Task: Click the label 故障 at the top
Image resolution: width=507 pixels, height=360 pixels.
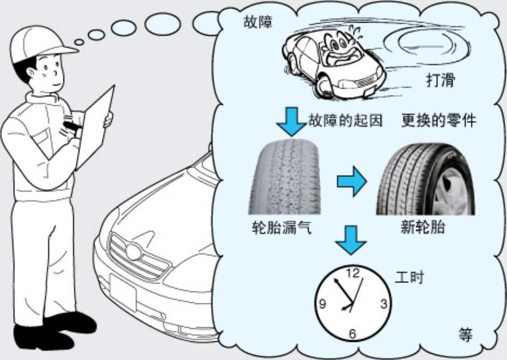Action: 258,23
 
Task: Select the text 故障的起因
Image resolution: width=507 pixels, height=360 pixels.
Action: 345,120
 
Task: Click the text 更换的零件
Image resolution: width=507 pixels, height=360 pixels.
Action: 438,120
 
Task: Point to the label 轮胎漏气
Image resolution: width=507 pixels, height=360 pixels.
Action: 281,227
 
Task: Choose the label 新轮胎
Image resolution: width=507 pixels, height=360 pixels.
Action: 423,227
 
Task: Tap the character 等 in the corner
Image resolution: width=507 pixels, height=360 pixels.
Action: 465,334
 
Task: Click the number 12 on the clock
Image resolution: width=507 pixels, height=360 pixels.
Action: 352,274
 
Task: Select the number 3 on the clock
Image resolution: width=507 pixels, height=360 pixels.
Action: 383,304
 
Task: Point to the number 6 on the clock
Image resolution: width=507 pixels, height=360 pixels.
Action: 352,334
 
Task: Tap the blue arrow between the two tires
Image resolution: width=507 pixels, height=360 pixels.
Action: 352,181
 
